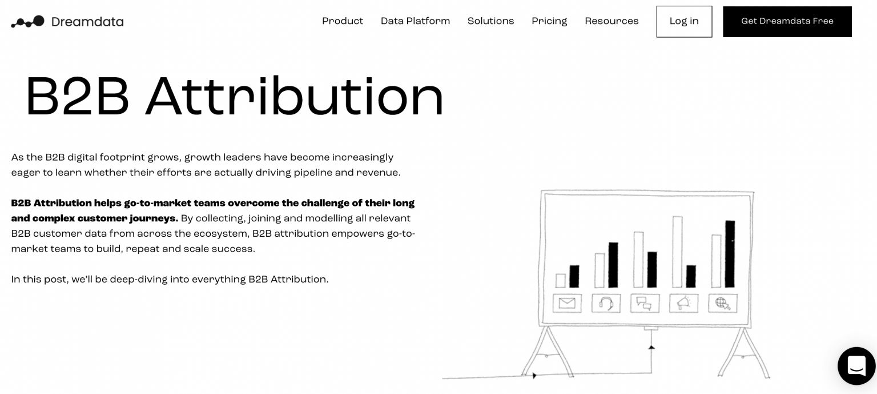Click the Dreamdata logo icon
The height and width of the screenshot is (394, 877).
click(27, 22)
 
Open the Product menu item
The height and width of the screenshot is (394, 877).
click(343, 21)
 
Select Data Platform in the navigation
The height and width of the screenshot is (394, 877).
click(415, 21)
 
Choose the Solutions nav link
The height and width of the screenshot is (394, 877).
click(490, 21)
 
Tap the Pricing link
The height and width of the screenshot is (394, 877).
click(549, 21)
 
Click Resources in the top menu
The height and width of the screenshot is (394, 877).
click(612, 21)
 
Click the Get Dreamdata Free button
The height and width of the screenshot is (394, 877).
click(787, 22)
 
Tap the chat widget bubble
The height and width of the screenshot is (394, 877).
click(856, 365)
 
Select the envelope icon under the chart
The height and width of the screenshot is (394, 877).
click(567, 303)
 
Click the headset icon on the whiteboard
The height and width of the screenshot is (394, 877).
click(606, 303)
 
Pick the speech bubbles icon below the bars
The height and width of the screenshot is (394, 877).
click(645, 303)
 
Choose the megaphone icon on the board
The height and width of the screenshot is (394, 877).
click(683, 303)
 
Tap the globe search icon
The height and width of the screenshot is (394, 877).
click(722, 303)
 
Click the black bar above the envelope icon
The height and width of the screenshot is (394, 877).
click(574, 277)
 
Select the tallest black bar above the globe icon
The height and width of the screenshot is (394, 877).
click(730, 254)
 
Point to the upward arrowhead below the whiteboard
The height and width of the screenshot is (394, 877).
click(651, 347)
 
